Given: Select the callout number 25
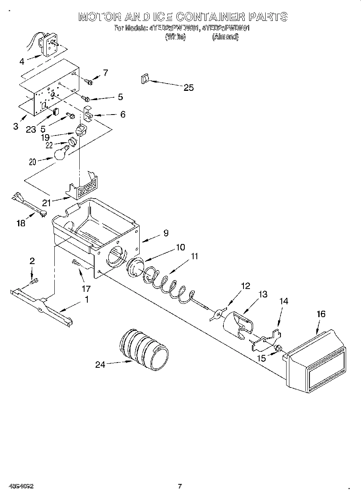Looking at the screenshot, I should tap(188, 88).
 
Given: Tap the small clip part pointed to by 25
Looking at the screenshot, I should tap(145, 79).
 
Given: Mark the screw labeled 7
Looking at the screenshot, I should tap(89, 82).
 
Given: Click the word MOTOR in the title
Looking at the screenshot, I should tap(98, 17).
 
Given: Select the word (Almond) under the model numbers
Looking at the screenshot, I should tap(225, 37).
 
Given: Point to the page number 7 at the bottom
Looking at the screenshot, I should tap(180, 486).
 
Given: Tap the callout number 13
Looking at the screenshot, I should tap(262, 295).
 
